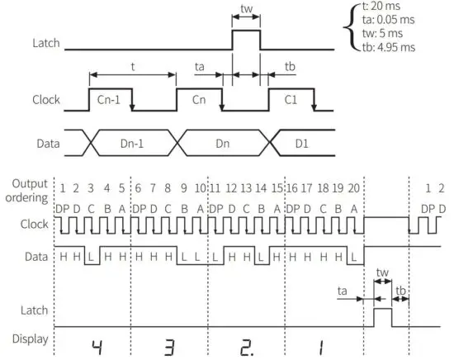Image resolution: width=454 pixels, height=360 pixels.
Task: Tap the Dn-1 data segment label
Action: pos(132,142)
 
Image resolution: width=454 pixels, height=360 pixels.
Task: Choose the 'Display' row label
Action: pos(26,339)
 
